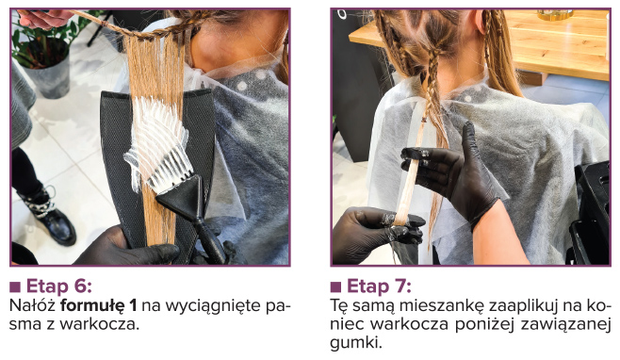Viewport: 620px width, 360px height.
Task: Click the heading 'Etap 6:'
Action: pyautogui.click(x=59, y=286)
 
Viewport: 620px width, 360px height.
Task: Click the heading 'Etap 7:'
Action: pyautogui.click(x=379, y=286)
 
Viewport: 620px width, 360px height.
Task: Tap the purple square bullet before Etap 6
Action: pyautogui.click(x=15, y=286)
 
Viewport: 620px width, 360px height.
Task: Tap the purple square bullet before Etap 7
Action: pyautogui.click(x=335, y=286)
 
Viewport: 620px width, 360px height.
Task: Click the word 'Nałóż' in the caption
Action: pyautogui.click(x=33, y=305)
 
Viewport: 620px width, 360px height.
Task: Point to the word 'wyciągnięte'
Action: pyautogui.click(x=213, y=306)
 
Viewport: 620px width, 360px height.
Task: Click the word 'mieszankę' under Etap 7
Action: pyautogui.click(x=443, y=306)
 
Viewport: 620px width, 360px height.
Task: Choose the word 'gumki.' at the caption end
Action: pyautogui.click(x=356, y=343)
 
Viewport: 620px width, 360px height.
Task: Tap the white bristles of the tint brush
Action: pyautogui.click(x=157, y=143)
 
